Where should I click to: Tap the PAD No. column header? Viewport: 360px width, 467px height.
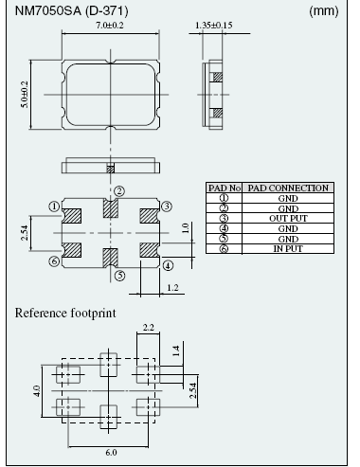click(x=225, y=188)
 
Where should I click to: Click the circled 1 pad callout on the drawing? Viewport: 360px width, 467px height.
click(x=54, y=205)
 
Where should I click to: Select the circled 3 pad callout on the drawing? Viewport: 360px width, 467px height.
click(x=166, y=206)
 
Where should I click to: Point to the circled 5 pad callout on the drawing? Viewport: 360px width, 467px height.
click(x=118, y=277)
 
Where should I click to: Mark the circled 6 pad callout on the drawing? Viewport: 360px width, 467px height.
click(x=54, y=260)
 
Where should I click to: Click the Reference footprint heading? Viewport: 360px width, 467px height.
click(x=65, y=312)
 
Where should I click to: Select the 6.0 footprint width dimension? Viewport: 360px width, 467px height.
click(x=111, y=454)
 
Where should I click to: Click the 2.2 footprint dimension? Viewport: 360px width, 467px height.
click(x=148, y=328)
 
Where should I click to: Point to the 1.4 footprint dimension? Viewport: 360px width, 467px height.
click(x=175, y=350)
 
